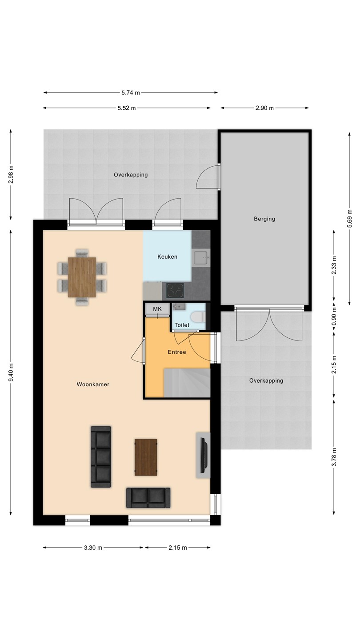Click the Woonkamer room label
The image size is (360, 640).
pyautogui.click(x=93, y=384)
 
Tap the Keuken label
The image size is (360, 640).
pyautogui.click(x=168, y=256)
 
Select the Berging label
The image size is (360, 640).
pyautogui.click(x=264, y=219)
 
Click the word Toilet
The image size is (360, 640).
pyautogui.click(x=182, y=325)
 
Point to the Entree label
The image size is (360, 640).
pyautogui.click(x=177, y=352)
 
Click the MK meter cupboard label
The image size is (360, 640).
pyautogui.click(x=157, y=309)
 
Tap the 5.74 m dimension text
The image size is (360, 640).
pyautogui.click(x=131, y=92)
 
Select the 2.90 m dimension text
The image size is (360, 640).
pyautogui.click(x=264, y=108)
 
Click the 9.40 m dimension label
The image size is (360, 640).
pyautogui.click(x=11, y=372)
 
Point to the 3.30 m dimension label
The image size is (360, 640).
pyautogui.click(x=93, y=548)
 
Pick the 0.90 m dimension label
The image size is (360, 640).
pyautogui.click(x=334, y=316)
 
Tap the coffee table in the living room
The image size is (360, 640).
pyautogui.click(x=146, y=457)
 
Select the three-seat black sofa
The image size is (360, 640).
pyautogui.click(x=101, y=457)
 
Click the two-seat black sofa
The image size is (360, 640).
pyautogui.click(x=148, y=498)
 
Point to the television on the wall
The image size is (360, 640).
pyautogui.click(x=204, y=455)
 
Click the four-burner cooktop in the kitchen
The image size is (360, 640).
pyautogui.click(x=175, y=291)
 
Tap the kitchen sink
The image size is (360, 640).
pyautogui.click(x=201, y=258)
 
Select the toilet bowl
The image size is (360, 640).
pyautogui.click(x=197, y=317)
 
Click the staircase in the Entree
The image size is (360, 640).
pyautogui.click(x=187, y=383)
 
